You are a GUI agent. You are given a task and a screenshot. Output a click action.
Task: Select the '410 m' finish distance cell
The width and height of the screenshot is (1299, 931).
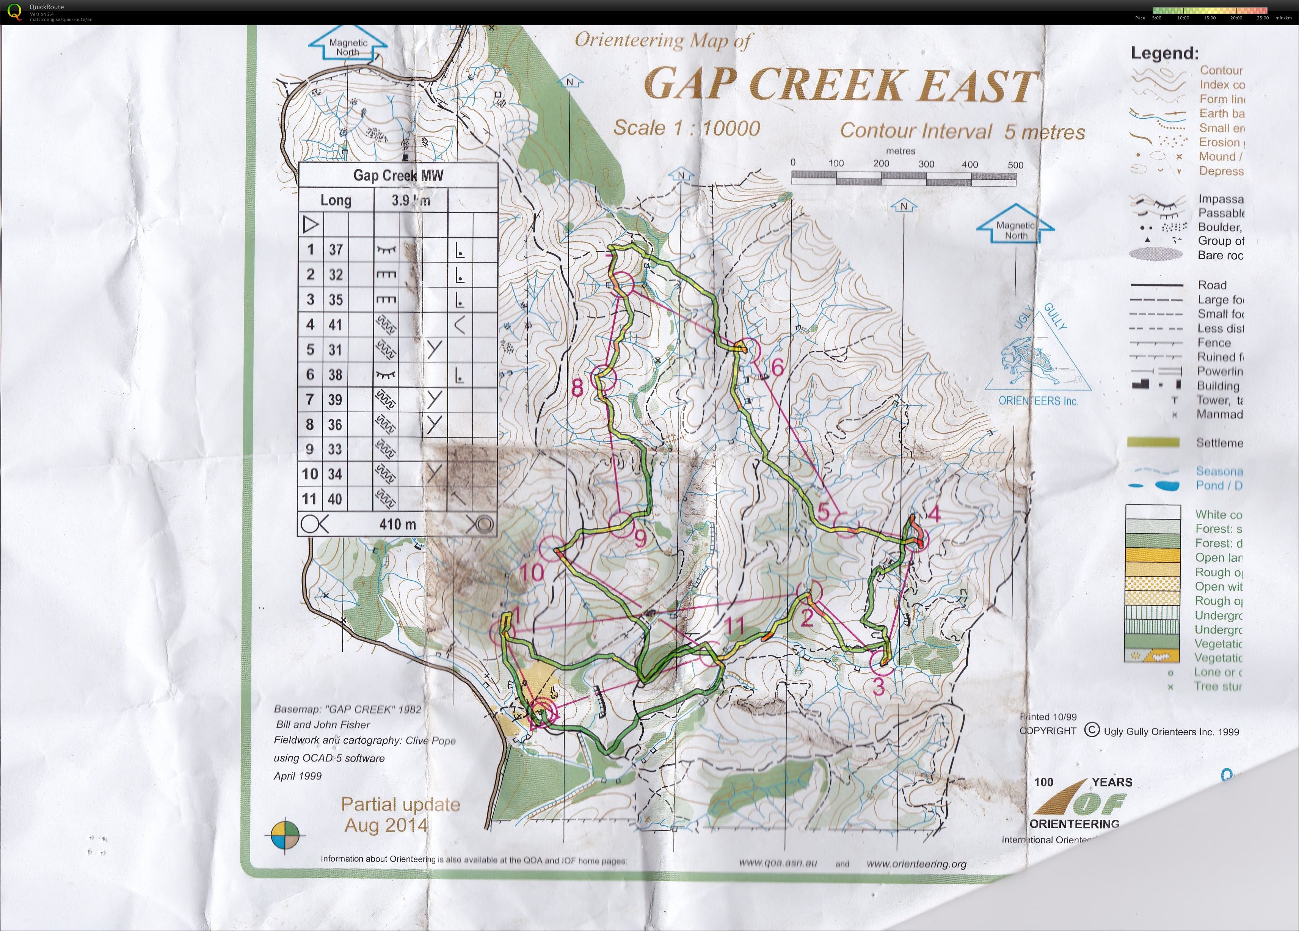(x=397, y=524)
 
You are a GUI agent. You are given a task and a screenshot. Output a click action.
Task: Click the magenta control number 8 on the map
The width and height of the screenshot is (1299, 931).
(x=577, y=388)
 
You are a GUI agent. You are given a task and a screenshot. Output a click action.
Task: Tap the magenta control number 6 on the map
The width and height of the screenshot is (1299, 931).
(x=777, y=367)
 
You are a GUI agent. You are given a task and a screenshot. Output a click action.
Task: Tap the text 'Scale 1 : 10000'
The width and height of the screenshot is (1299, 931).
(x=686, y=128)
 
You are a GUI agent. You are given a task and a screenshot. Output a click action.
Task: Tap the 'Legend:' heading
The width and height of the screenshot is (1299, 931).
(x=1164, y=53)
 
